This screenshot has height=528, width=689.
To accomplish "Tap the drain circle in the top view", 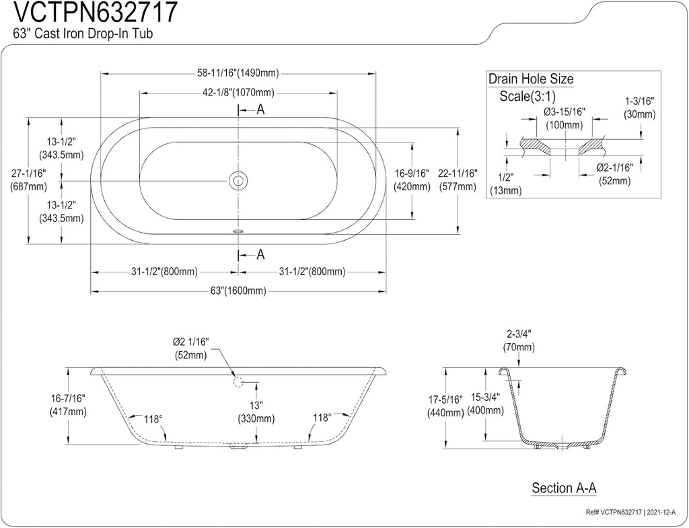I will (x=238, y=180).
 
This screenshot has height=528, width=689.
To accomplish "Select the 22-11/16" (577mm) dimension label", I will (x=458, y=180).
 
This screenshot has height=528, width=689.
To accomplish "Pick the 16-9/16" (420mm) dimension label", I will (x=412, y=180).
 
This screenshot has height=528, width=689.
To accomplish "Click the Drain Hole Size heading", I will (x=531, y=79).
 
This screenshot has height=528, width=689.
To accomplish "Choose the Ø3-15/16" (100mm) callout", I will (x=565, y=118).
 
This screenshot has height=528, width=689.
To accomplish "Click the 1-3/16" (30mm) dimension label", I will (x=639, y=108).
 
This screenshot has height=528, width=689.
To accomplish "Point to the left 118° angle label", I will (x=153, y=418).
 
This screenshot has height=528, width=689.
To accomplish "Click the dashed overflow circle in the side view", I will (x=238, y=381).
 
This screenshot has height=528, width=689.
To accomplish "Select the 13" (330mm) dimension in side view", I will (x=256, y=412).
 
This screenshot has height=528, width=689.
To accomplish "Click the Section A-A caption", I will (x=565, y=487).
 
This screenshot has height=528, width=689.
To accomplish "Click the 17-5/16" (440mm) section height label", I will (x=445, y=407).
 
